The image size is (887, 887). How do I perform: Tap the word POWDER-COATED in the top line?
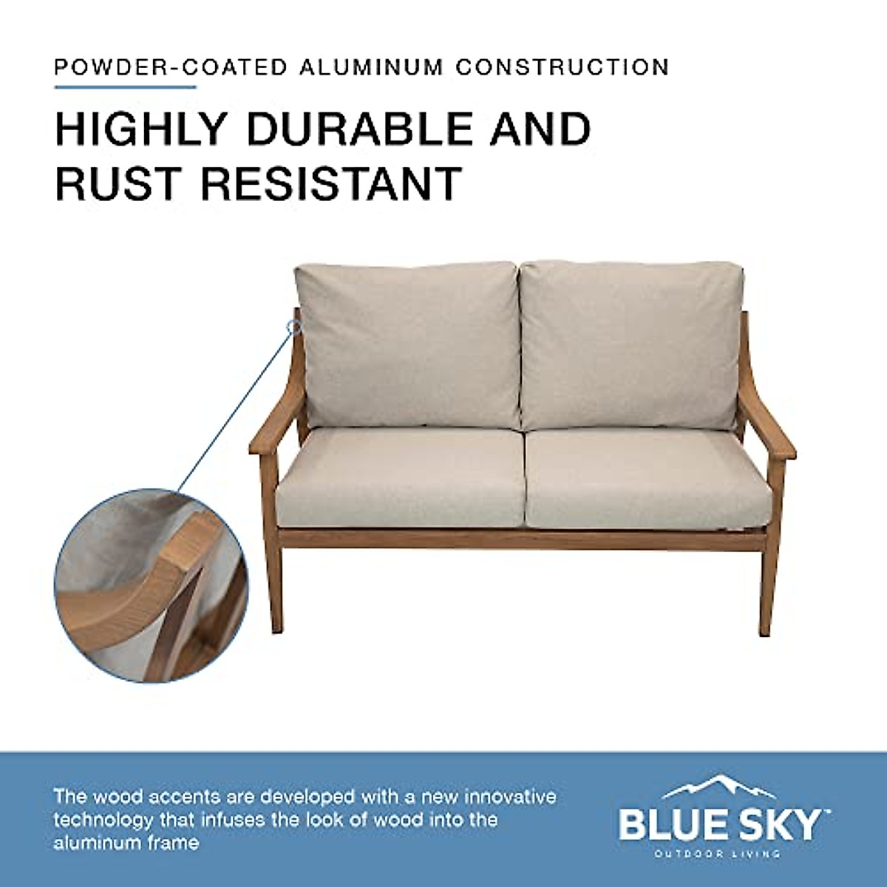coord(170,67)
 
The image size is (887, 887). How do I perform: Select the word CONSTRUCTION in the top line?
coord(562,67)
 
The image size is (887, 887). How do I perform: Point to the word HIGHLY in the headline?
coord(140,129)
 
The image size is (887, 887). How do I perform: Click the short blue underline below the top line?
coord(126,87)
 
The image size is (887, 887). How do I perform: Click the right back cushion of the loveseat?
coord(628,344)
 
